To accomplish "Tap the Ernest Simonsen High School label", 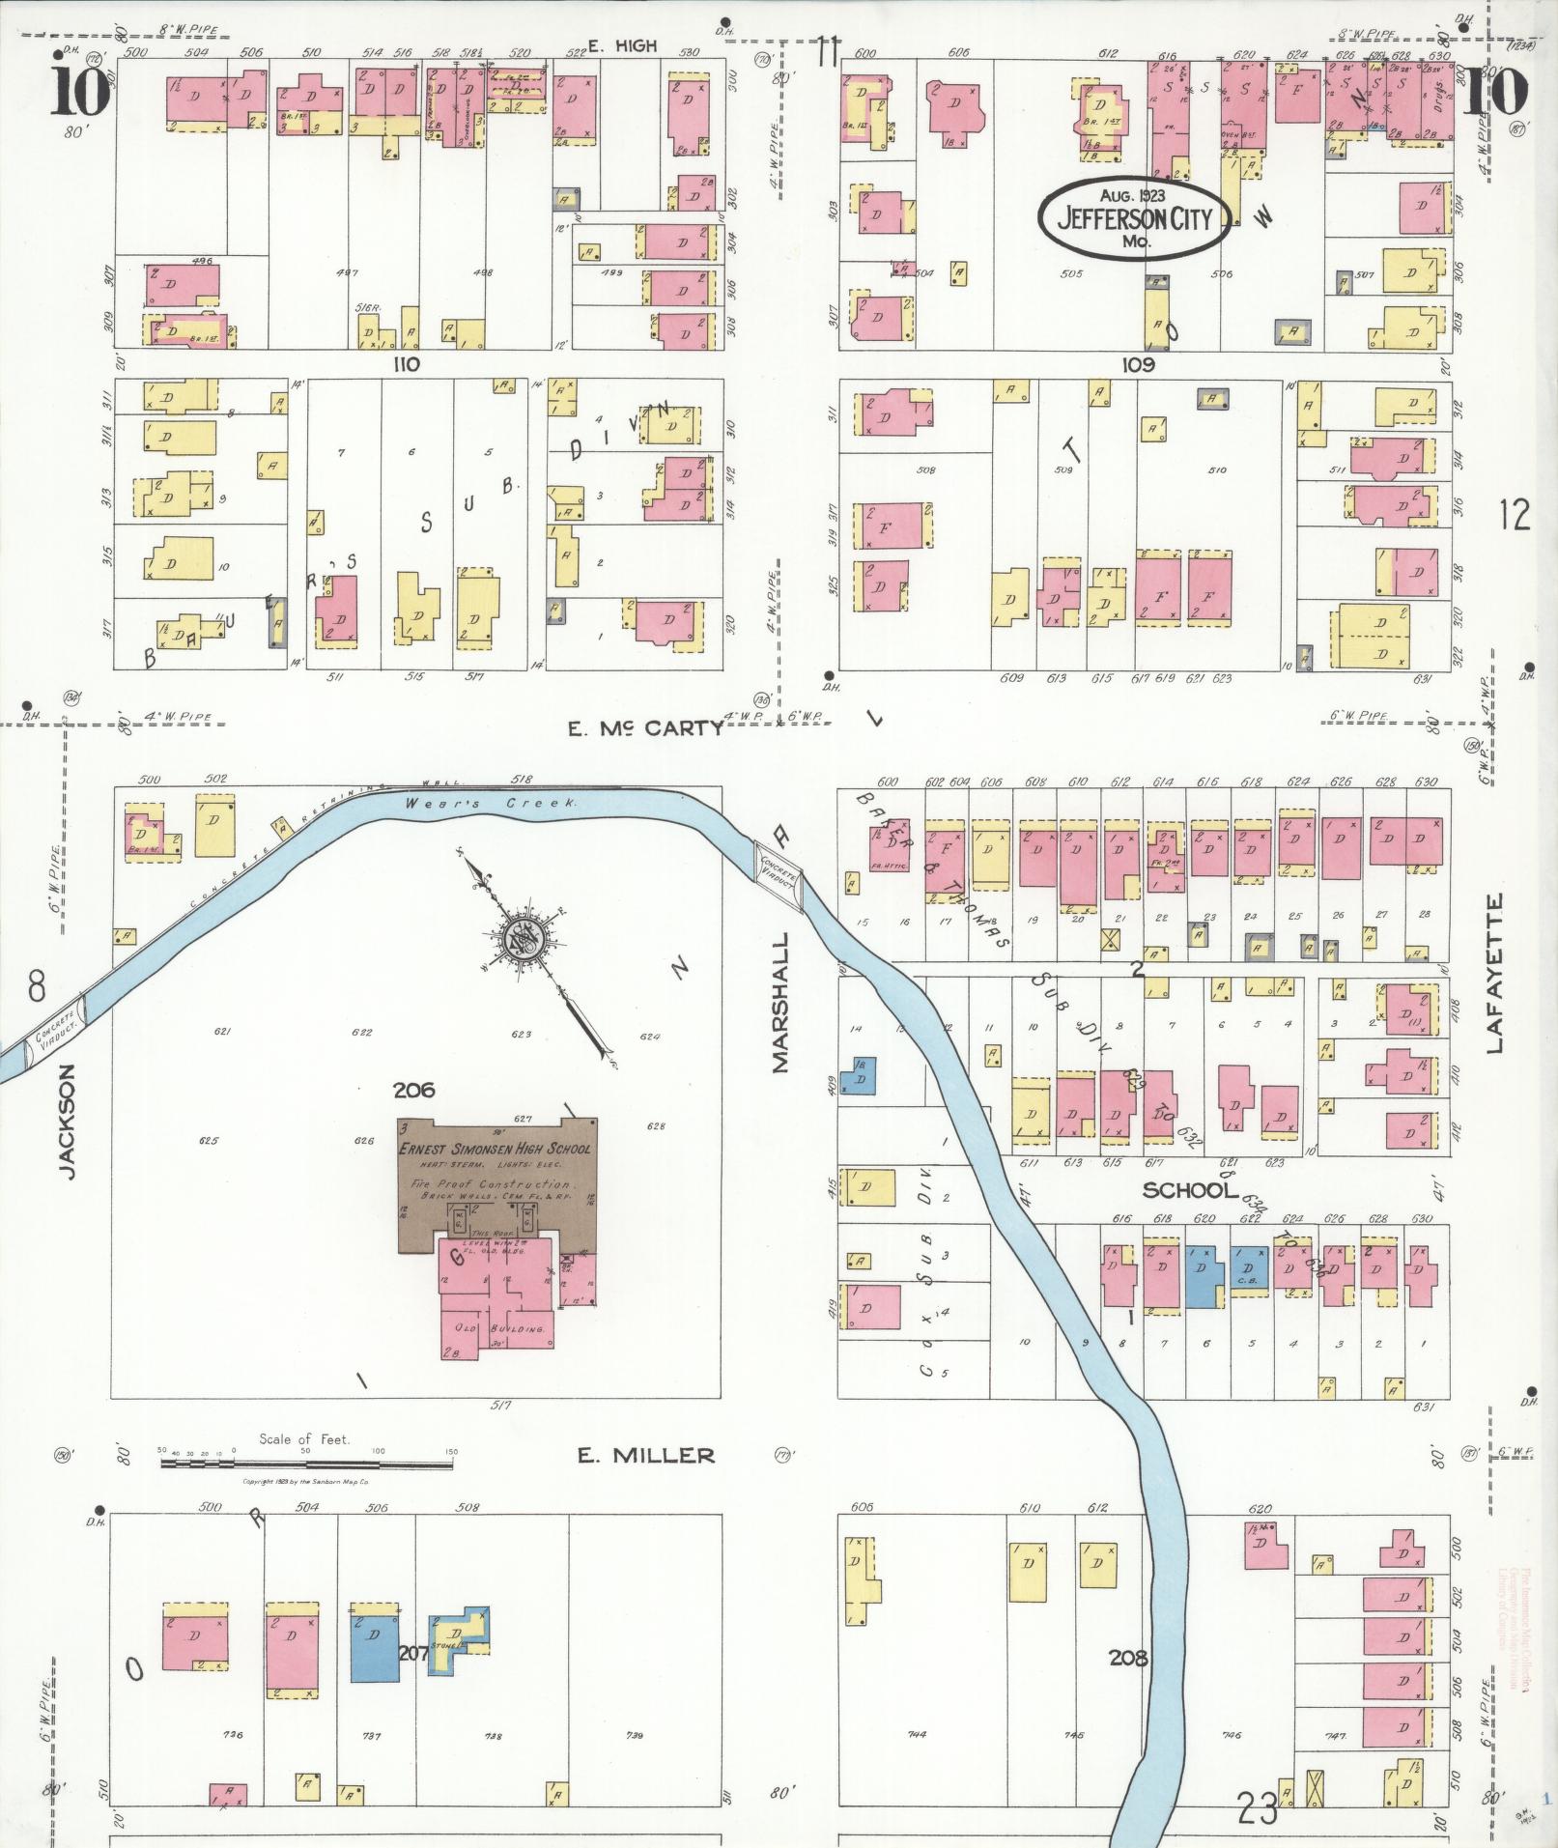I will pyautogui.click(x=496, y=1148).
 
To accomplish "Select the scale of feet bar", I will pyautogui.click(x=306, y=1465).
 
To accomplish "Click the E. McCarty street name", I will pyautogui.click(x=645, y=728).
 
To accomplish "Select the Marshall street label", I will pyautogui.click(x=780, y=1001).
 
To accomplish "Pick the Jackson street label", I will pyautogui.click(x=66, y=1120).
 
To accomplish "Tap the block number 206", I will pyautogui.click(x=413, y=1090).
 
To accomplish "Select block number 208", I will pyautogui.click(x=1127, y=1658).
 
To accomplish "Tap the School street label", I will pyautogui.click(x=1190, y=1190).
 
